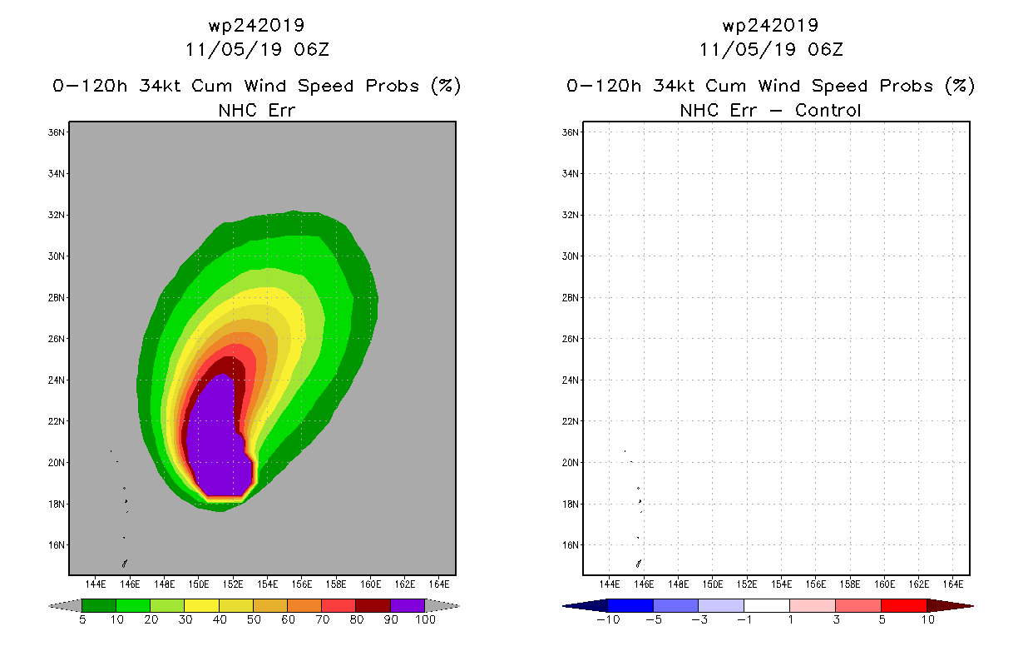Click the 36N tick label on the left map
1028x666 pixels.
(56, 132)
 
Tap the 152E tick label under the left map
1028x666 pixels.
(233, 584)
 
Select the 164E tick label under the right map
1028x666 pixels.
(953, 584)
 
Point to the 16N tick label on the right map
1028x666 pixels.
(570, 545)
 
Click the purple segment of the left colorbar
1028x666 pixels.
(408, 605)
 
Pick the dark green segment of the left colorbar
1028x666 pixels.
(99, 605)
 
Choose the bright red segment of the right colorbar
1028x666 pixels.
(904, 605)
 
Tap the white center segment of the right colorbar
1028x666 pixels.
(767, 605)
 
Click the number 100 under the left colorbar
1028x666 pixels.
(425, 619)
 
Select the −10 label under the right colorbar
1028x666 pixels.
(608, 619)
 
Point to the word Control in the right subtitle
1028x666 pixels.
(828, 110)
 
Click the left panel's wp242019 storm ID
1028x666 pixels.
(256, 25)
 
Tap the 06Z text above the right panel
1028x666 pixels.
(825, 49)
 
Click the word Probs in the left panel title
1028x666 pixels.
(392, 86)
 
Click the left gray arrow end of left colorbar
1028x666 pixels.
(65, 605)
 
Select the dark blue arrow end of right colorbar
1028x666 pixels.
(586, 605)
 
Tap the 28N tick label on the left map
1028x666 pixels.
(56, 298)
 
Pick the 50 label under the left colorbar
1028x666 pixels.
(254, 619)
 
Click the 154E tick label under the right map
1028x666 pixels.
(781, 584)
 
